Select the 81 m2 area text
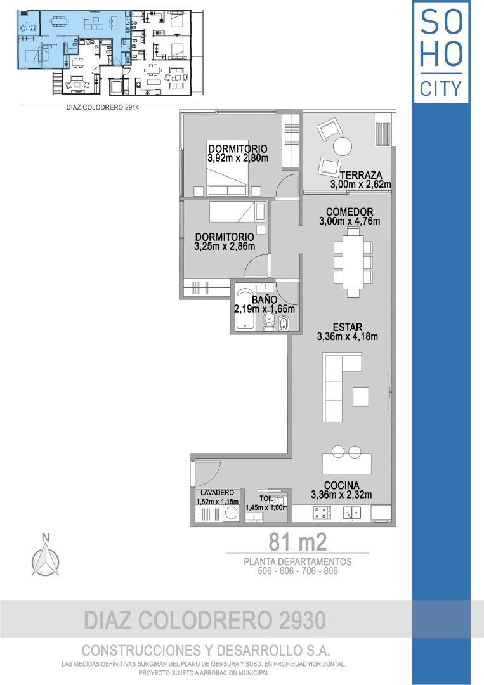tap(298, 542)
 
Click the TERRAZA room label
tap(360, 175)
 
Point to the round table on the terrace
tap(343, 147)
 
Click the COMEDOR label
tap(349, 212)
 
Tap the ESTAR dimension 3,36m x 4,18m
tap(347, 337)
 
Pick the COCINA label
tap(341, 485)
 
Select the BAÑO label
tap(264, 299)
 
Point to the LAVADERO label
tap(218, 493)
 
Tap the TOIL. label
tap(266, 499)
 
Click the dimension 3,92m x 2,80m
tap(237, 159)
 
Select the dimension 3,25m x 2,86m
tap(225, 246)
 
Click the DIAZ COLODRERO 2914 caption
tap(102, 108)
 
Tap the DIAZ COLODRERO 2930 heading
tap(206, 620)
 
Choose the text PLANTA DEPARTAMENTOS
tap(298, 562)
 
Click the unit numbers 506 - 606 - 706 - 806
tap(298, 571)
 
